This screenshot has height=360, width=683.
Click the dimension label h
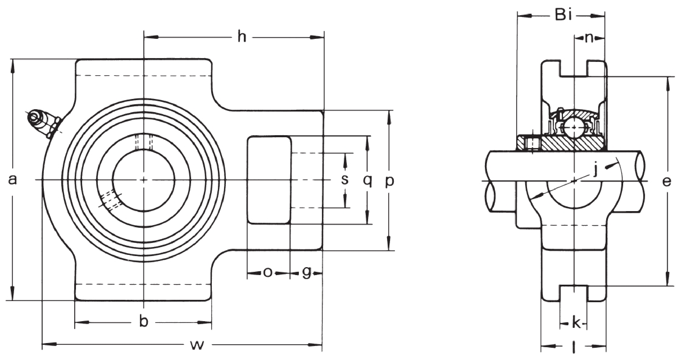click(242, 37)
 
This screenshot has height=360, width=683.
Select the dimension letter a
click(12, 180)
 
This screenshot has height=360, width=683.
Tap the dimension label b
click(143, 322)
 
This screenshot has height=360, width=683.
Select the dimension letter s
click(345, 180)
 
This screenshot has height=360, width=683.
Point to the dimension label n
click(589, 38)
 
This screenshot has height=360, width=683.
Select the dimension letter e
click(666, 182)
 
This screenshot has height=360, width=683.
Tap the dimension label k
click(576, 323)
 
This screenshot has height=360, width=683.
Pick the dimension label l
click(574, 347)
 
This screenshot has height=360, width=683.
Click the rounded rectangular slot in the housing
click(269, 180)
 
